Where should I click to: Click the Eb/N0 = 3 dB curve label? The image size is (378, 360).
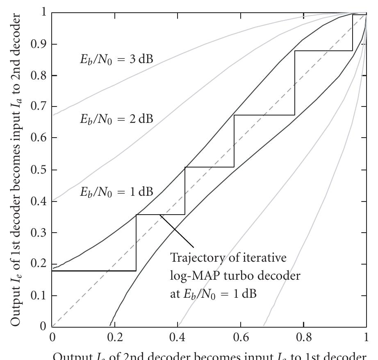[116, 59]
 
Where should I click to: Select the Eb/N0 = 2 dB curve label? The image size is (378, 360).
[116, 120]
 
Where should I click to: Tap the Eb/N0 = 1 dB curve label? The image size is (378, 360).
[116, 192]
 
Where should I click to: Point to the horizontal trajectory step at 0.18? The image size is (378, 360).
[94, 271]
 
